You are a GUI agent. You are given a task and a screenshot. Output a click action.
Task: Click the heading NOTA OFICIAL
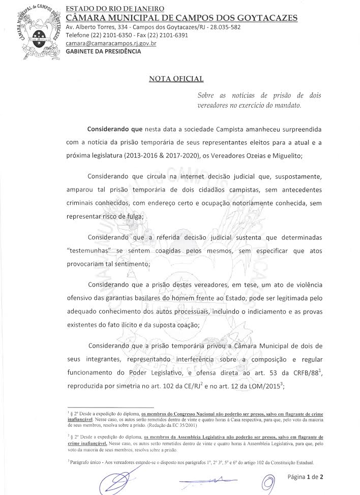[x=176, y=79]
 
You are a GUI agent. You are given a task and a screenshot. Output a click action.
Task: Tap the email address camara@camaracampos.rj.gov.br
[x=110, y=44]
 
